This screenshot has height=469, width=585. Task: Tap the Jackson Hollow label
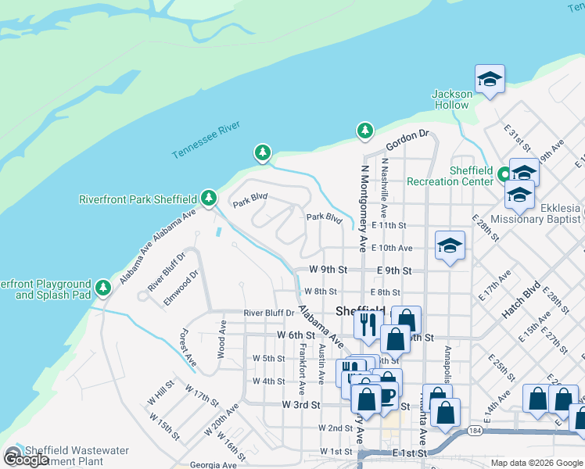(452, 99)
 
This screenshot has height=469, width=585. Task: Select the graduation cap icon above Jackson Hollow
(490, 79)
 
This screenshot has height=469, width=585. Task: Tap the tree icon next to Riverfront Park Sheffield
(208, 199)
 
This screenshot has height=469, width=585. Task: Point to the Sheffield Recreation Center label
(450, 176)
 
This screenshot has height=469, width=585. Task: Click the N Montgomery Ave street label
(363, 208)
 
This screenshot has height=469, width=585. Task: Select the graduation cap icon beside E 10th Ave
(450, 246)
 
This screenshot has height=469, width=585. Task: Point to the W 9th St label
(328, 270)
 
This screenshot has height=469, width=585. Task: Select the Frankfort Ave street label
(301, 366)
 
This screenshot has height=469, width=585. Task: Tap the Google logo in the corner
(26, 460)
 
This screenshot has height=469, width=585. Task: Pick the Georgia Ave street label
(213, 465)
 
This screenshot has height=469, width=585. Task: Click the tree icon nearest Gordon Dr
(364, 131)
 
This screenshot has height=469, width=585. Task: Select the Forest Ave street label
(188, 348)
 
